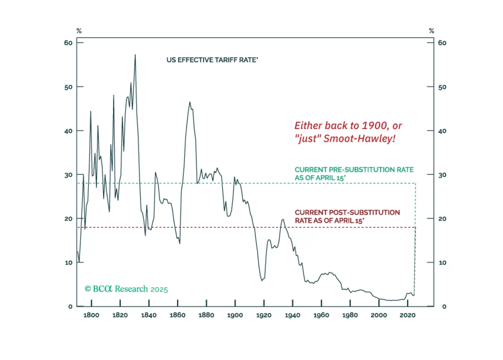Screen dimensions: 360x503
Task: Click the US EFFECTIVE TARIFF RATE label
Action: [212, 60]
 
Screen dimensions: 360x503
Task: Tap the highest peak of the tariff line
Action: [135, 55]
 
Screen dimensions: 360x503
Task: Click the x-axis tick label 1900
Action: [235, 315]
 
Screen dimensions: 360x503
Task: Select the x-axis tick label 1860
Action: [178, 315]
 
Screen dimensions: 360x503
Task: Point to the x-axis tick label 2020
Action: [407, 315]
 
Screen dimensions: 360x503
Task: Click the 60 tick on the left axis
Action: [68, 43]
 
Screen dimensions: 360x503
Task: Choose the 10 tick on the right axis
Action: [442, 263]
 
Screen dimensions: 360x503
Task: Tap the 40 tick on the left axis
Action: [68, 131]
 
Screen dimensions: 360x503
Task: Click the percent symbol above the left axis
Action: [79, 31]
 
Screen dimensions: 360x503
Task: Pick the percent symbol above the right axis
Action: [432, 31]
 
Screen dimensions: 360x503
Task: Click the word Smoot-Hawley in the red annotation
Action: [359, 138]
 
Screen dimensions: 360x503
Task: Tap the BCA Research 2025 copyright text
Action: [126, 289]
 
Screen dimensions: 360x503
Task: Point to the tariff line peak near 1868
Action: [190, 102]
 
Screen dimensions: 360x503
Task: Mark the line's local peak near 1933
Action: [283, 219]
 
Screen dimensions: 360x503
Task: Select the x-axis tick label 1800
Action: [91, 315]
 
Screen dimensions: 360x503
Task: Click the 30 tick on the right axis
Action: [442, 175]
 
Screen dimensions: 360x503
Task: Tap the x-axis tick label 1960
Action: [321, 315]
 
